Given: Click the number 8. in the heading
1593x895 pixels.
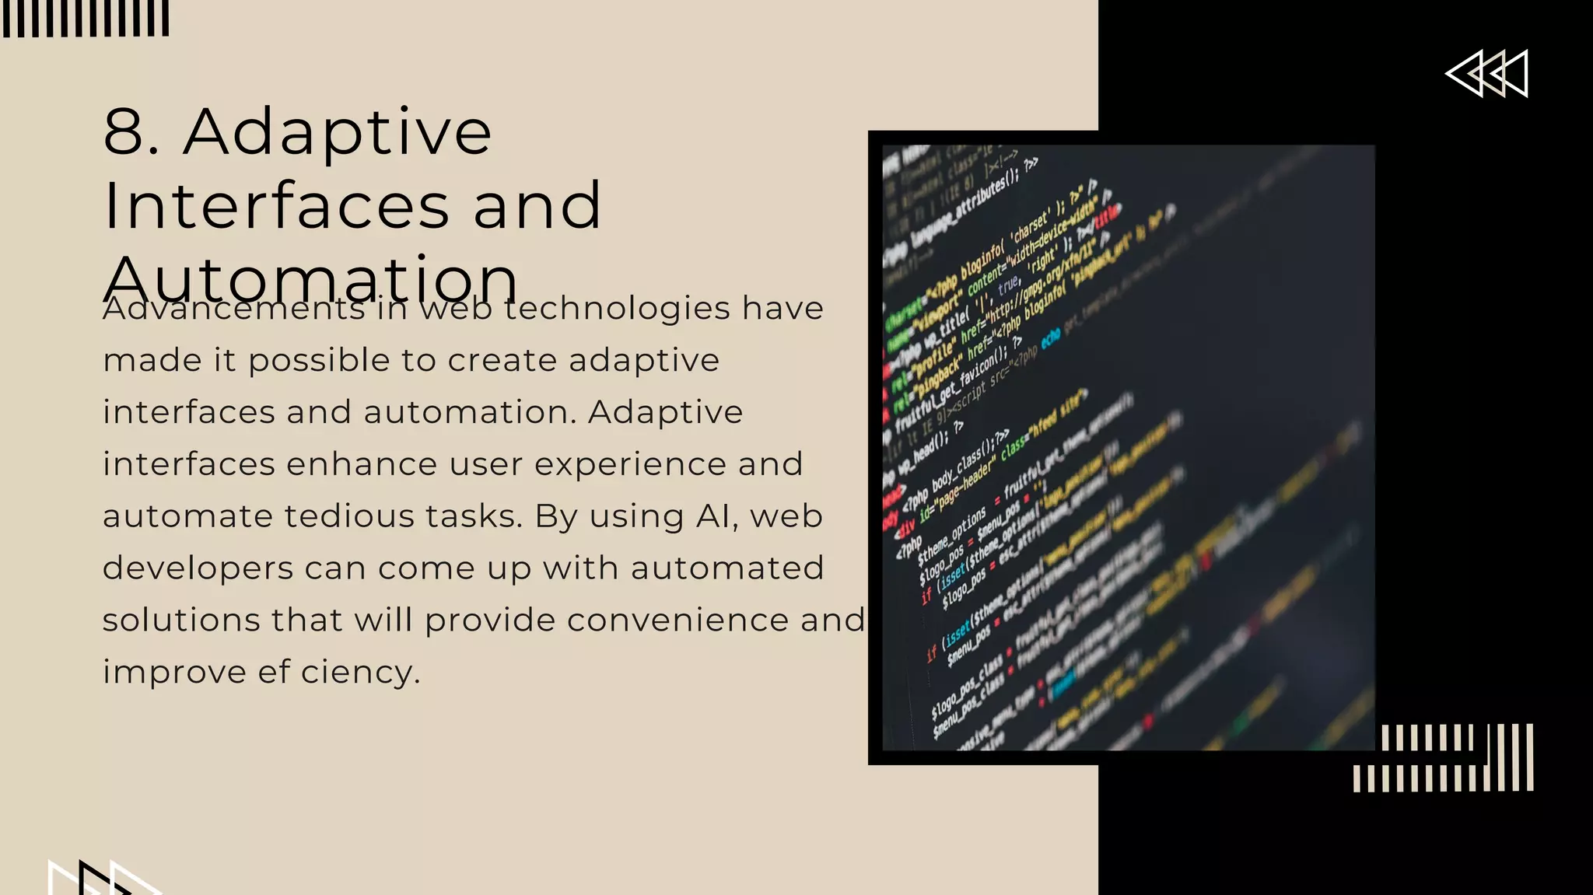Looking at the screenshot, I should tap(131, 132).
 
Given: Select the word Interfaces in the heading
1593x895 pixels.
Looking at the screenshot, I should tap(276, 206).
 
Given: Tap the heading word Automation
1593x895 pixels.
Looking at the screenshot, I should tap(310, 278).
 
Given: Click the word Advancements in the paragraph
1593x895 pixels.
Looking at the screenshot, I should tap(233, 309).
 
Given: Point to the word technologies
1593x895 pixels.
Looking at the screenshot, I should tap(617, 309).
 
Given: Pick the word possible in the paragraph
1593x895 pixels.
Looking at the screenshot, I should tap(319, 361).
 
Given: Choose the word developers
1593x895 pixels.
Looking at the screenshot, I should tap(198, 568).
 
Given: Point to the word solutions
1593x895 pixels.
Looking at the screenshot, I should tap(181, 621).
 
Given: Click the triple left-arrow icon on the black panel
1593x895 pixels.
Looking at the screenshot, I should tap(1486, 74).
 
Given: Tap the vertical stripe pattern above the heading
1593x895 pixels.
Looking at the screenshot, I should tap(86, 19).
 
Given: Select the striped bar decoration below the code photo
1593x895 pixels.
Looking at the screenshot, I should tap(1444, 758).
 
